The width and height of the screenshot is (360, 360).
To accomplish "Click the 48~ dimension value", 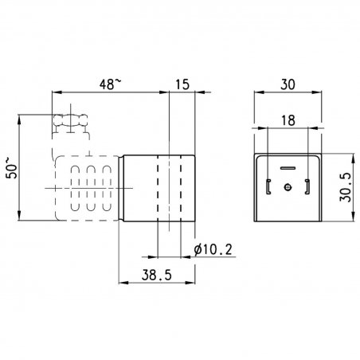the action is pyautogui.click(x=111, y=84).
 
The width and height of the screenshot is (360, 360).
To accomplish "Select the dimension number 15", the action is pyautogui.click(x=182, y=84).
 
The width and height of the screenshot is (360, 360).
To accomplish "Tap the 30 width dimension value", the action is pyautogui.click(x=288, y=84).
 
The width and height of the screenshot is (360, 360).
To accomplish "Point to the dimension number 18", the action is pyautogui.click(x=288, y=120).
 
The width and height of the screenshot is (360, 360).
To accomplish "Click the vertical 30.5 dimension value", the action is pyautogui.click(x=346, y=187).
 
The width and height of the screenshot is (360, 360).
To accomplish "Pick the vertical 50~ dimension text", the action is pyautogui.click(x=12, y=168).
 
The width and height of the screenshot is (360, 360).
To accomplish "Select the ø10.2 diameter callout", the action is pyautogui.click(x=213, y=249).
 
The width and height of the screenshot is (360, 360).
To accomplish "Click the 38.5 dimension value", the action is pyautogui.click(x=157, y=275).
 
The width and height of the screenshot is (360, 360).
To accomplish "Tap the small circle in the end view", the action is pyautogui.click(x=288, y=187).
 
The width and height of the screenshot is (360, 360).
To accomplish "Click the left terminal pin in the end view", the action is pyautogui.click(x=268, y=186).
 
